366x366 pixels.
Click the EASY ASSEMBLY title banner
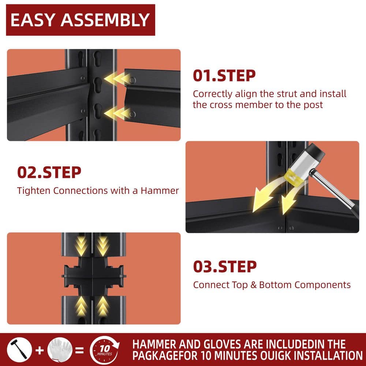pos(81,20)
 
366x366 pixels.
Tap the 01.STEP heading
pos(224,75)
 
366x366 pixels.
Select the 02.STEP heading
pos(49,172)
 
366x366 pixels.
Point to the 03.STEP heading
pos(225,266)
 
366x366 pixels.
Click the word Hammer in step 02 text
pos(160,191)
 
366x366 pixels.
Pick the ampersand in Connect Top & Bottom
pos(253,285)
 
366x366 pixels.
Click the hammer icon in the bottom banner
pos(19,350)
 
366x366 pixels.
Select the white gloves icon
pos(60,350)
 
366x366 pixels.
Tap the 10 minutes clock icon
pos(104,350)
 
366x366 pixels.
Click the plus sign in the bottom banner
pos(40,350)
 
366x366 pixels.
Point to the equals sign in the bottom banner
pos(79,350)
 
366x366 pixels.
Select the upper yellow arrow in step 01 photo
pos(117,78)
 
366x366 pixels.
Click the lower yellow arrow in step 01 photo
pos(117,113)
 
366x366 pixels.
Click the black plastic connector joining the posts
pos(94,276)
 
